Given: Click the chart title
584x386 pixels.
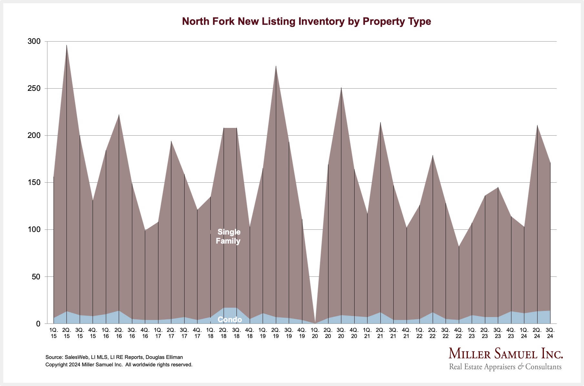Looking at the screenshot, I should [x=307, y=21].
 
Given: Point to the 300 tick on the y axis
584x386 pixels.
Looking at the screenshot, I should [x=34, y=42].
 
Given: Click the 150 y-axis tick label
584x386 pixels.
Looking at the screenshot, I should [x=34, y=183].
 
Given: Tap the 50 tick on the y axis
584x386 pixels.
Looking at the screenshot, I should [x=36, y=277].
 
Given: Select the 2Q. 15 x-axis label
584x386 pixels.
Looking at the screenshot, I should [x=67, y=333].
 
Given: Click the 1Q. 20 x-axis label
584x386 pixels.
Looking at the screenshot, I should [x=315, y=333].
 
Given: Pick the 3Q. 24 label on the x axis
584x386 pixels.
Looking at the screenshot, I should [x=550, y=333].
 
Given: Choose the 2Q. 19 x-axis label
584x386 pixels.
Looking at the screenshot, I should [x=276, y=333].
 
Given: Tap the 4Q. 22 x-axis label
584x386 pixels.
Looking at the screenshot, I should [x=458, y=333].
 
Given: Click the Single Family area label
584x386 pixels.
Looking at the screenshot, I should [x=228, y=236].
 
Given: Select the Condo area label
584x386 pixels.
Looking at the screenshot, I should [x=230, y=319].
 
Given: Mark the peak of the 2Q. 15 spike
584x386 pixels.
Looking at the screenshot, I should [x=67, y=45].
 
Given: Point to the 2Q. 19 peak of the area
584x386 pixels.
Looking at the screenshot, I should [x=276, y=66].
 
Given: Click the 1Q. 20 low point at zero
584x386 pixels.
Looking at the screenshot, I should [x=315, y=323].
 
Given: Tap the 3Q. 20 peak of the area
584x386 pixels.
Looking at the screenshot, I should [x=341, y=88].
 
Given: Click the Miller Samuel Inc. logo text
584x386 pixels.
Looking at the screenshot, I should [x=506, y=353].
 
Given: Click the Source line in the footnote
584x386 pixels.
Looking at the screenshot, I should [x=114, y=357].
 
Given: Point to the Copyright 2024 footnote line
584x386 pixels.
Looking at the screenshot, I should [x=119, y=365].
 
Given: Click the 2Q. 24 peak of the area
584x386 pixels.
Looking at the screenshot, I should [x=537, y=125].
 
